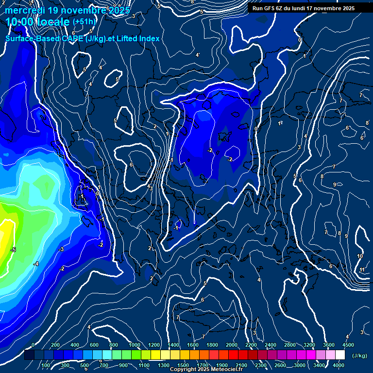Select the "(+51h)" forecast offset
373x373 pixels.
[x=84, y=22]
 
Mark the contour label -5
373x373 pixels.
[x=13, y=250]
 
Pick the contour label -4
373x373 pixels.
[x=36, y=264]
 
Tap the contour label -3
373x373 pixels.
[x=61, y=249]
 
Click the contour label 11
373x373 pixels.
[x=362, y=270]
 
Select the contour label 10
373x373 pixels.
[x=360, y=256]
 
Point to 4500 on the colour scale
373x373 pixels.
[x=348, y=345]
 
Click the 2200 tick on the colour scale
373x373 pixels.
[x=251, y=345]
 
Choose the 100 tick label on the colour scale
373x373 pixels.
[x=46, y=365]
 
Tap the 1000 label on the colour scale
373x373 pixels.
[x=135, y=345]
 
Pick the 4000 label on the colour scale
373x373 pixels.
[x=339, y=365]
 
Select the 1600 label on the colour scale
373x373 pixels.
[x=193, y=345]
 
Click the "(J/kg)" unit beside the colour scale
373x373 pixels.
[x=359, y=356]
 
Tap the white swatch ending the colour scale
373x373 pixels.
[x=340, y=355]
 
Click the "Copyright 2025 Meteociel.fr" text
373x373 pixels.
[x=206, y=370]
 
